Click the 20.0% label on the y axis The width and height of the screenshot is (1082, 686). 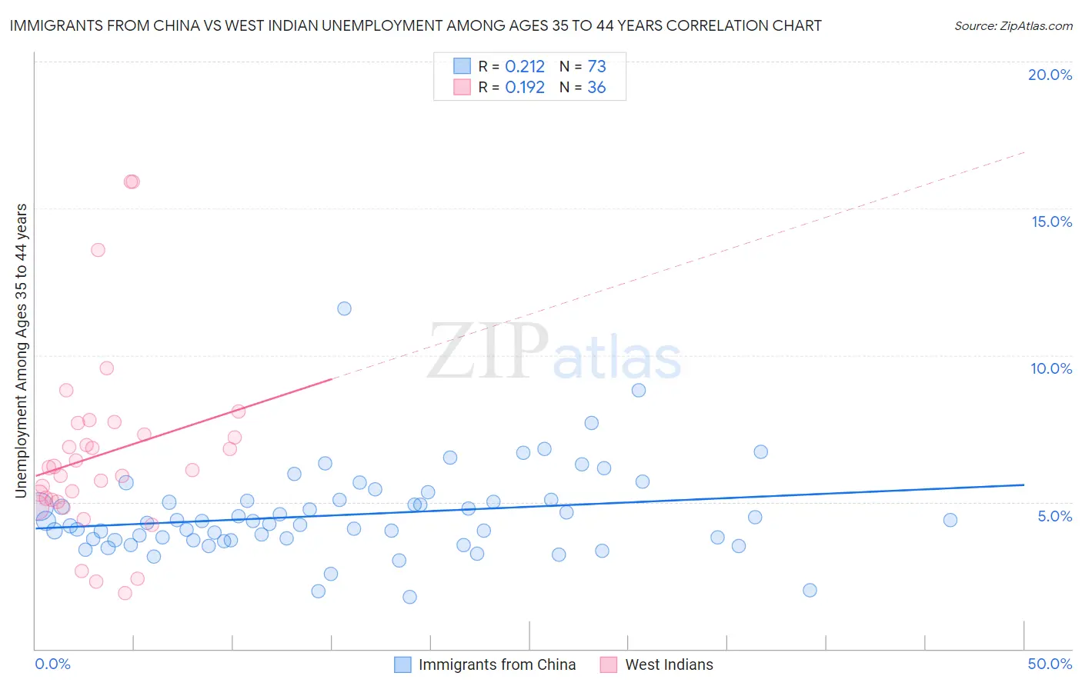(x=1050, y=75)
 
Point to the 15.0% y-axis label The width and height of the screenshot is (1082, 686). (x=1051, y=221)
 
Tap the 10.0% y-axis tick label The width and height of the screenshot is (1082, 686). (x=1051, y=368)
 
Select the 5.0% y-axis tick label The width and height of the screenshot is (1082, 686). (x=1054, y=516)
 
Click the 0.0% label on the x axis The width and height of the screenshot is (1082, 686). (x=52, y=664)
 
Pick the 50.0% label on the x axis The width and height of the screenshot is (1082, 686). (x=1050, y=664)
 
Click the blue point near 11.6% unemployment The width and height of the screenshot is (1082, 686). (x=344, y=308)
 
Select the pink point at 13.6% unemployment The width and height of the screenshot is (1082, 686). (x=98, y=250)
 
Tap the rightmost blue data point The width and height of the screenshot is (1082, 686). (x=950, y=520)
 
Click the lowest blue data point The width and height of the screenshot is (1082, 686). (x=409, y=597)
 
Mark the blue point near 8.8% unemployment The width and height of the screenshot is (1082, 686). (x=638, y=390)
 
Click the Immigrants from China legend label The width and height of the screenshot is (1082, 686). (x=496, y=664)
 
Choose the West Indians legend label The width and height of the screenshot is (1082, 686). (x=669, y=664)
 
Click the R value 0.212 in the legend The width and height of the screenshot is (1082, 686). (x=525, y=67)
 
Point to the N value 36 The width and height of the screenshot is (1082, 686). (x=596, y=88)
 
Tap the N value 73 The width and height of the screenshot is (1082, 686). (x=596, y=67)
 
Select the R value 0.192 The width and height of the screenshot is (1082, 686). (x=525, y=88)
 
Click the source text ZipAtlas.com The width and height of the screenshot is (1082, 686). (x=1035, y=26)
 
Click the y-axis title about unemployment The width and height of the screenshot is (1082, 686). (x=22, y=350)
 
